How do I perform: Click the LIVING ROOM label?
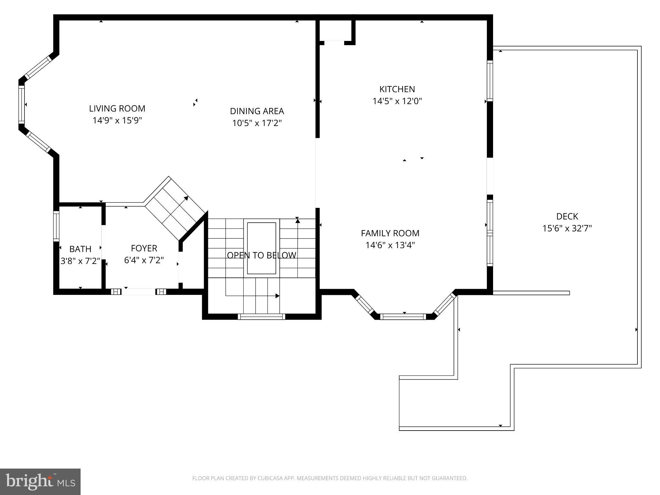(117, 108)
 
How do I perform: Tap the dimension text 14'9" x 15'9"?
(117, 121)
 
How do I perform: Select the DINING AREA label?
(257, 111)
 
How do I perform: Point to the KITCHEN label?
(397, 89)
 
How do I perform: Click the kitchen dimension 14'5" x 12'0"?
(397, 102)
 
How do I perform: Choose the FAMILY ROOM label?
(390, 233)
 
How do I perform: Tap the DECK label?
(567, 216)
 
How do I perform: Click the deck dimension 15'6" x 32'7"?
(567, 228)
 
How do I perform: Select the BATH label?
(80, 249)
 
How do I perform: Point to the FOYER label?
(144, 248)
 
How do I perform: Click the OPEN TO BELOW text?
(261, 255)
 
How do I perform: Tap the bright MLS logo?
(40, 481)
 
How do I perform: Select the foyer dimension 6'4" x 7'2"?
(144, 260)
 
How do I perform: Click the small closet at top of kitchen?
(335, 31)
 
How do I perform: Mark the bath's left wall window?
(56, 226)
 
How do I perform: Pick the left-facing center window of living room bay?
(21, 104)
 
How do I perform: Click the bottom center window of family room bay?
(403, 317)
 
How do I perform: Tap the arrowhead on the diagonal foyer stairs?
(186, 198)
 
